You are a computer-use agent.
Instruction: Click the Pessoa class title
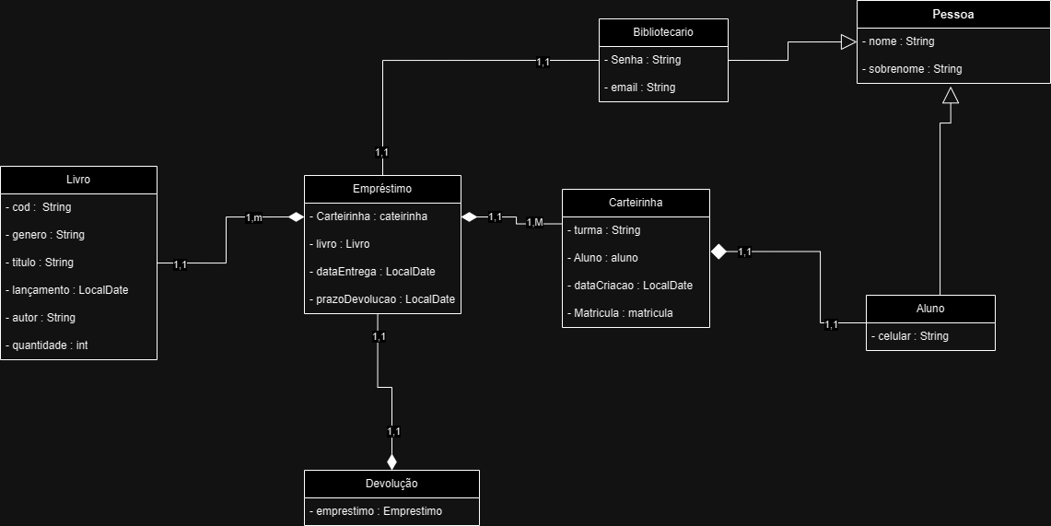point(953,14)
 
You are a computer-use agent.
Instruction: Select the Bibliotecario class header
point(663,32)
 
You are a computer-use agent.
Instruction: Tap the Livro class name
point(78,180)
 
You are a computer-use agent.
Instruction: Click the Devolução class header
point(391,483)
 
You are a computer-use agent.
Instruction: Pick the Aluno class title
point(930,309)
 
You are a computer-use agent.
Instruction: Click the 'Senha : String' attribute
point(642,60)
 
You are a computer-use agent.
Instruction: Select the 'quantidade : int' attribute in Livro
point(46,345)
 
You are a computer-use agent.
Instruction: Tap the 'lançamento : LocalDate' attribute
point(66,290)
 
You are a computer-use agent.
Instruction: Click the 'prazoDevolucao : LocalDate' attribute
point(382,299)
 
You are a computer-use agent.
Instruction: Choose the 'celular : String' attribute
point(909,335)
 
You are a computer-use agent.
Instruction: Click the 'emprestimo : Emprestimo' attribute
point(376,511)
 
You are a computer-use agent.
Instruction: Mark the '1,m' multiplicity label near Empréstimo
point(254,217)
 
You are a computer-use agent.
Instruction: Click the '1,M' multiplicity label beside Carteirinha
point(535,222)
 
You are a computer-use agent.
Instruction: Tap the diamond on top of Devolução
point(391,462)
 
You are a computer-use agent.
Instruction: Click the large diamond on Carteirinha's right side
point(718,251)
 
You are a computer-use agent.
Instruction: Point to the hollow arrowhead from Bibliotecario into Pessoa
point(848,41)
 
